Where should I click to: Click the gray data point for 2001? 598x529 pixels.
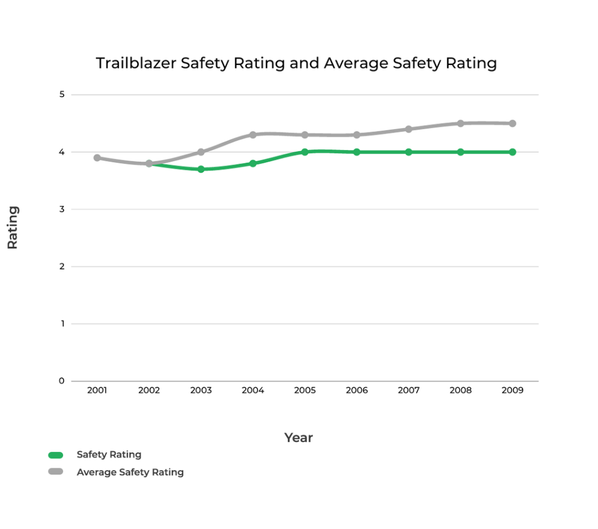[x=97, y=158]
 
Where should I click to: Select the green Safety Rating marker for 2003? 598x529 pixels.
[x=201, y=170]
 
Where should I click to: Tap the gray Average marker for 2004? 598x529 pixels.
[x=253, y=135]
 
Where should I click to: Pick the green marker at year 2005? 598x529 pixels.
[x=305, y=152]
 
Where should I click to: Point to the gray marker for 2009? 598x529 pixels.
[x=512, y=123]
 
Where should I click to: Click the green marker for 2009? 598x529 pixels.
[x=512, y=152]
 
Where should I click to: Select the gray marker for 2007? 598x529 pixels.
[x=409, y=129]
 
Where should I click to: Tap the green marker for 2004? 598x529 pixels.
[x=253, y=164]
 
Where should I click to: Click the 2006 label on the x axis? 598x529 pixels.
[x=357, y=390]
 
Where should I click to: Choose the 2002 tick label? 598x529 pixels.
[x=149, y=390]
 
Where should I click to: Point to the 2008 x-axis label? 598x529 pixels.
[x=460, y=390]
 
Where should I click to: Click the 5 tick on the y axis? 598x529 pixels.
[x=61, y=95]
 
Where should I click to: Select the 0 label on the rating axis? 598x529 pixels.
[x=61, y=381]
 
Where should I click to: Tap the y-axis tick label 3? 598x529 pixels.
[x=61, y=209]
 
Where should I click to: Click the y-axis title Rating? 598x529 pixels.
[x=13, y=227]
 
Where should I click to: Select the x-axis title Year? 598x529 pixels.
[x=298, y=437]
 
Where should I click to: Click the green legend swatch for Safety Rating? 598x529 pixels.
[x=56, y=455]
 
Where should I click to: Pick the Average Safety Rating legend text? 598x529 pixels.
[x=130, y=472]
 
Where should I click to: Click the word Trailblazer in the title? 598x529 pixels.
[x=135, y=63]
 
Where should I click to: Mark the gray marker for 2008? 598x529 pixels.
[x=460, y=123]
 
